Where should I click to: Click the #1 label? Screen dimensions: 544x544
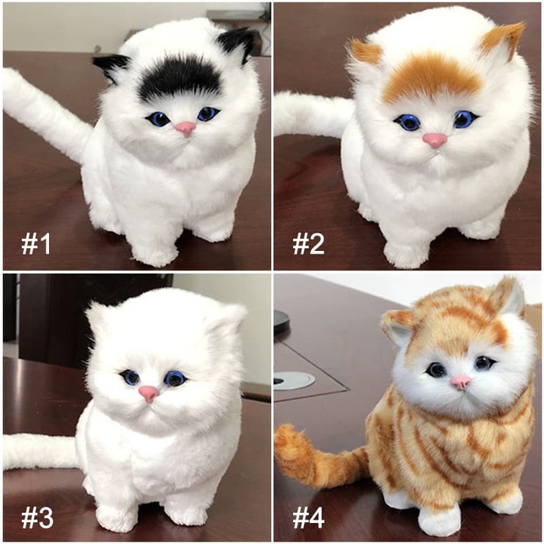[x=36, y=243]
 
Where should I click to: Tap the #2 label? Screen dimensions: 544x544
[x=309, y=243]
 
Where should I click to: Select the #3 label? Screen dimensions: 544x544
[x=37, y=517]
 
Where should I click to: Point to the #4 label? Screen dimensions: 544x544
[x=309, y=517]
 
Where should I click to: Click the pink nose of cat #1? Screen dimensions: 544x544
[x=185, y=129]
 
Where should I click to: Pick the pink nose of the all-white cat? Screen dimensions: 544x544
[x=149, y=394]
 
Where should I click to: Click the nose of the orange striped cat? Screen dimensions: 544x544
[x=460, y=382]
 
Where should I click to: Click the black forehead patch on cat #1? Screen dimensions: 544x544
[x=180, y=78]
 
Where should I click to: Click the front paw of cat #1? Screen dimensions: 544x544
[x=155, y=249]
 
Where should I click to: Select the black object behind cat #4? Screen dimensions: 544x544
[x=281, y=319]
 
